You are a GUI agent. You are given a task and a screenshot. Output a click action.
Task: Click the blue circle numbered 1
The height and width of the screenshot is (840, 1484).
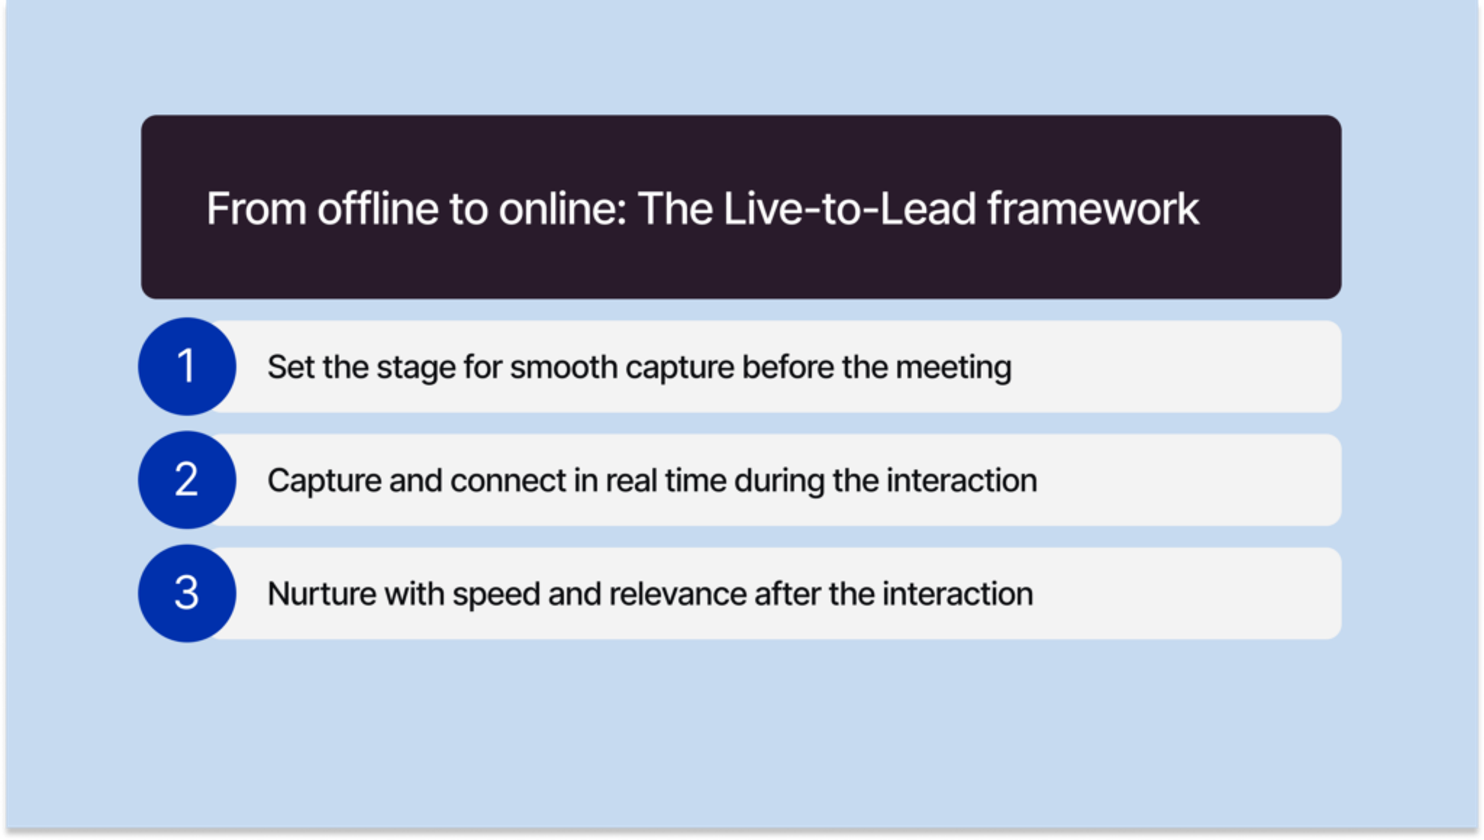[186, 367]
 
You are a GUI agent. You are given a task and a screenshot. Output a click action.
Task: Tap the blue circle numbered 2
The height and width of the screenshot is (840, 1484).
[186, 479]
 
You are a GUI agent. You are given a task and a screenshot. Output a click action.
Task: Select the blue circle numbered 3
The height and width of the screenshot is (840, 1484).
[186, 593]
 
